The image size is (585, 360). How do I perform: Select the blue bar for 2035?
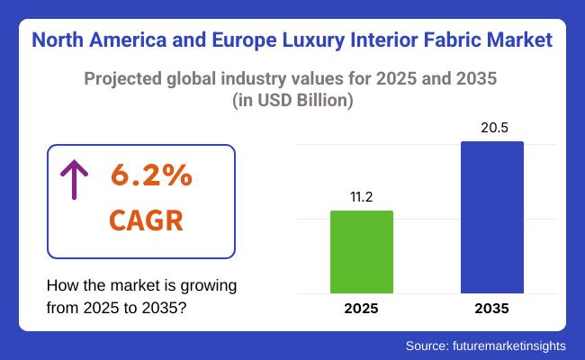[x=491, y=217]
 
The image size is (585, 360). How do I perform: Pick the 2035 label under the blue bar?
[x=491, y=308]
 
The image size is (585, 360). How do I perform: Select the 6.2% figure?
[x=151, y=176]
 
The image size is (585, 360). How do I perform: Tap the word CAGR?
[x=145, y=219]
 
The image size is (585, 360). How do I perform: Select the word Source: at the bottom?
[x=431, y=345]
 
